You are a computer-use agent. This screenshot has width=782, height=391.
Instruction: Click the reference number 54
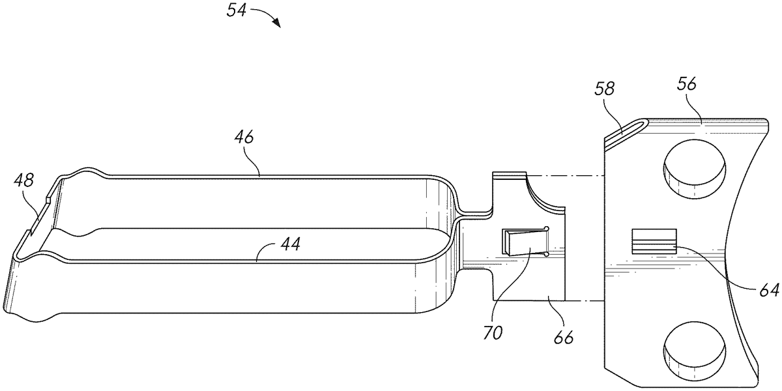coord(237,10)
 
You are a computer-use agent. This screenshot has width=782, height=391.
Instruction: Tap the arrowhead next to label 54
coord(277,23)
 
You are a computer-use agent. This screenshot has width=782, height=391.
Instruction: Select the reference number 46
coord(244,138)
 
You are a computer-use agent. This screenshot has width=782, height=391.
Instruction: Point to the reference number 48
coord(24,181)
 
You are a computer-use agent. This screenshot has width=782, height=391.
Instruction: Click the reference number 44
coord(291,244)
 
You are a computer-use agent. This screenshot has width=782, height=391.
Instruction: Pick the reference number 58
coord(604,89)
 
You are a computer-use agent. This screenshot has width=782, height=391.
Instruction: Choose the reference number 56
coord(687,84)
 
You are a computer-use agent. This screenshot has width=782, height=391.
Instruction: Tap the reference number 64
coord(769,290)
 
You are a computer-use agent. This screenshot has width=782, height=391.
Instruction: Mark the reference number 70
coord(493,333)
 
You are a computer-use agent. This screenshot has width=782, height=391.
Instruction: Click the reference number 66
coord(564,338)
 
